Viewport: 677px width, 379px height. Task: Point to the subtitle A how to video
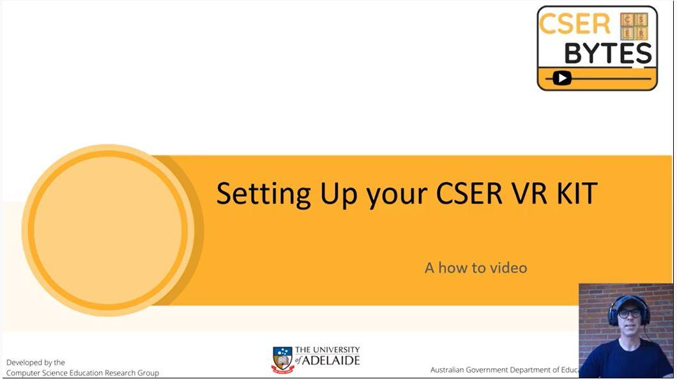coord(476,267)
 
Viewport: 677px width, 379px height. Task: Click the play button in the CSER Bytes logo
coord(561,78)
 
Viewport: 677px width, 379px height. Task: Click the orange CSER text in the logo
coord(575,25)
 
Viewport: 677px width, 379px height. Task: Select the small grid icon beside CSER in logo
coord(634,26)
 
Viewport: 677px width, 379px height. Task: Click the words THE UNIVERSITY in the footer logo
coord(327,350)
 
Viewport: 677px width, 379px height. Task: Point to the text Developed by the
coord(36,362)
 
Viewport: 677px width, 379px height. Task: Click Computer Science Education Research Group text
coord(82,373)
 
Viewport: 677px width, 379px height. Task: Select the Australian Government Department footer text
coord(504,370)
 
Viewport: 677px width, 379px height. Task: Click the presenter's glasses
coord(629,313)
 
